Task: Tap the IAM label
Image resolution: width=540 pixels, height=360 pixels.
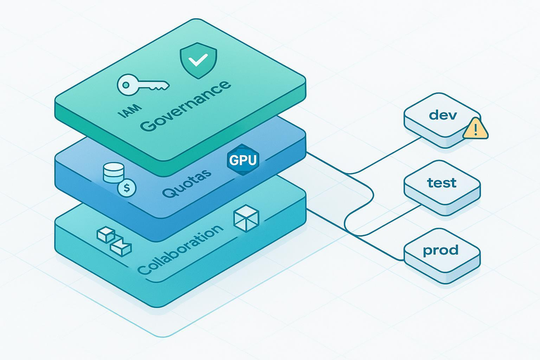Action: (130, 110)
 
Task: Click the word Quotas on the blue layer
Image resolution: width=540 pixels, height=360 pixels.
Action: (187, 182)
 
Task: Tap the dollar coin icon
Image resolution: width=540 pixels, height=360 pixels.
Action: (127, 188)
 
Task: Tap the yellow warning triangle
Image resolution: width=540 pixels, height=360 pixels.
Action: (475, 129)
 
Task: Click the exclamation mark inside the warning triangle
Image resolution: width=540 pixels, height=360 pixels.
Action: (476, 130)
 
